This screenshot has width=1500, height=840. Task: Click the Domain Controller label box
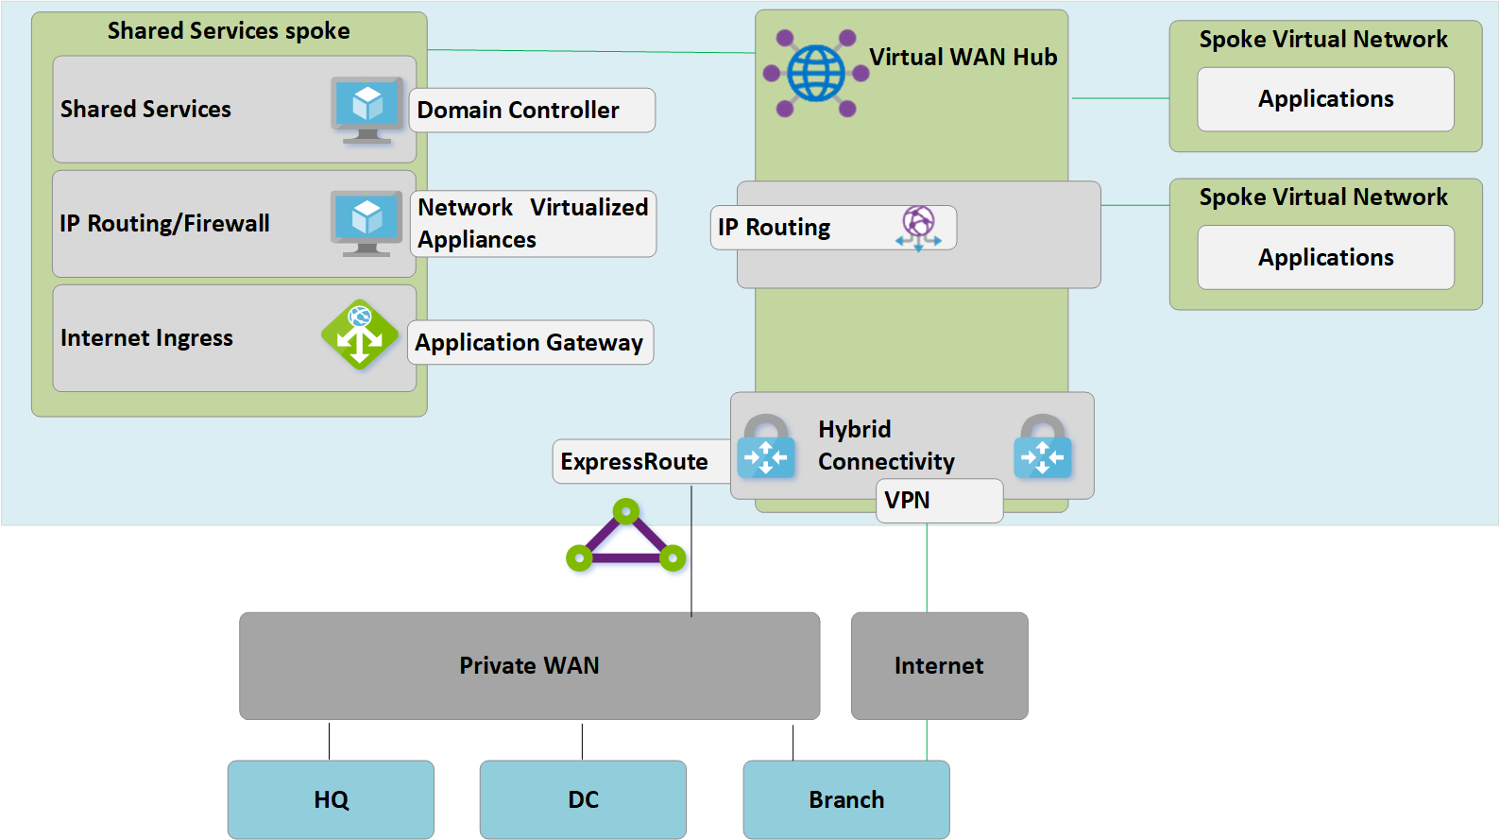pyautogui.click(x=531, y=111)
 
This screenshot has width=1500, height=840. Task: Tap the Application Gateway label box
pyautogui.click(x=530, y=342)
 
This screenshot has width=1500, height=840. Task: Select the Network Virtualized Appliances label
pyautogui.click(x=533, y=224)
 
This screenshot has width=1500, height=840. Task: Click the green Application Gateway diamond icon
pyautogui.click(x=359, y=334)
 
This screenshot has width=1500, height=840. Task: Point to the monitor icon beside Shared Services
pyautogui.click(x=367, y=110)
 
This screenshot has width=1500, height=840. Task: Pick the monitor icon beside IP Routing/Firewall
pyautogui.click(x=367, y=223)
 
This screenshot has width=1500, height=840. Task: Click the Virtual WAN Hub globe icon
pyautogui.click(x=816, y=73)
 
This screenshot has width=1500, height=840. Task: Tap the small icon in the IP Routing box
pyautogui.click(x=918, y=228)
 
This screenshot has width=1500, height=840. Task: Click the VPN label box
pyautogui.click(x=939, y=500)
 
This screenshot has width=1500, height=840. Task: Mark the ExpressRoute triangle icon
pyautogui.click(x=626, y=539)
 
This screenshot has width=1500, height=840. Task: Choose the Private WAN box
pyautogui.click(x=529, y=665)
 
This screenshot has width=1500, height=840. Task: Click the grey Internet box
pyautogui.click(x=939, y=665)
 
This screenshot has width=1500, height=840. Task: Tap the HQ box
pyautogui.click(x=331, y=799)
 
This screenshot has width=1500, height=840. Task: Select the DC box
pyautogui.click(x=583, y=799)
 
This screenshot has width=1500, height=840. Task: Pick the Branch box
pyautogui.click(x=846, y=799)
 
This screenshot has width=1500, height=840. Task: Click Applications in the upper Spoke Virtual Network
pyautogui.click(x=1325, y=99)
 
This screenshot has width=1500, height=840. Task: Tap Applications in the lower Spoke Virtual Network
pyautogui.click(x=1325, y=257)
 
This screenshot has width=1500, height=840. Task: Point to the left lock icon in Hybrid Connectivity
pyautogui.click(x=766, y=447)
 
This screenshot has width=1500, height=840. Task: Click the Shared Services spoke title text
pyautogui.click(x=229, y=31)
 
